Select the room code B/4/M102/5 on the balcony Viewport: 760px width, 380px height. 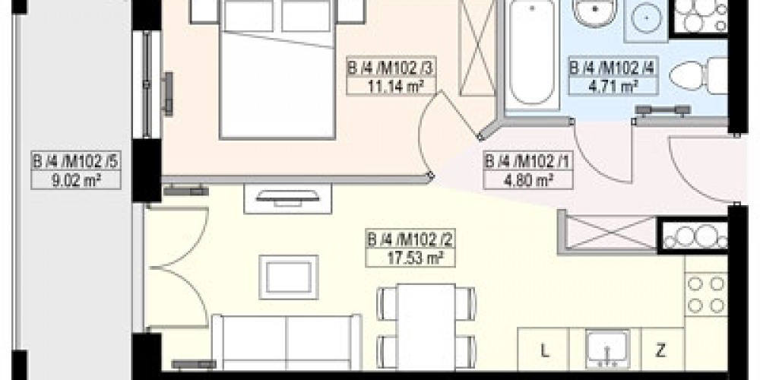(x=76, y=162)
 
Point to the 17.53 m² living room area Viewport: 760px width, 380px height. (x=404, y=258)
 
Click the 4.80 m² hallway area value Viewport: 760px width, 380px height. (x=518, y=180)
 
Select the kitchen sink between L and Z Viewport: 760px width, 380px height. (x=608, y=349)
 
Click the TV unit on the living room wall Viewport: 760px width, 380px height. (x=287, y=198)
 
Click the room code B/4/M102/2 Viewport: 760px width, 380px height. (x=404, y=241)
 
